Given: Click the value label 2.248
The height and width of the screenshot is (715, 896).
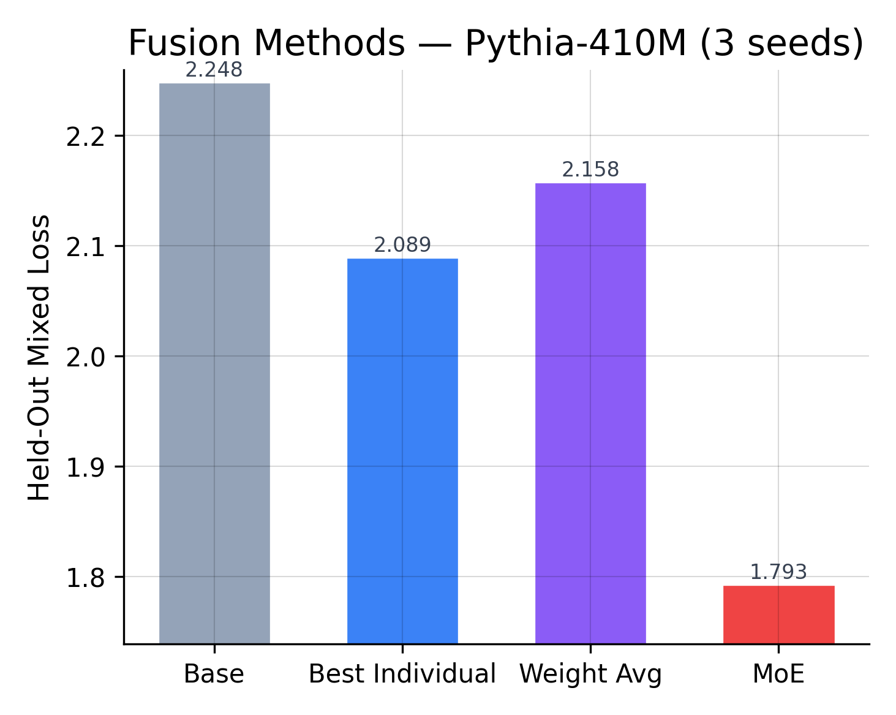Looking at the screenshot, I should tap(214, 70).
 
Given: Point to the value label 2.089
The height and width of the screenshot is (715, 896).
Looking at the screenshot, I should tap(402, 245).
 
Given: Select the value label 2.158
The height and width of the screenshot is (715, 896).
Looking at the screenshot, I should tap(590, 170).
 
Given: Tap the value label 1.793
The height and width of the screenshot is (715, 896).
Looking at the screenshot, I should tap(778, 572).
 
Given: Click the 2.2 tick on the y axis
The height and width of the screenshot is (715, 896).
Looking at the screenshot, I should tap(86, 137).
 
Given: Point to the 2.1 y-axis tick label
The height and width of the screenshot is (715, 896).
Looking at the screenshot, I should tap(86, 247).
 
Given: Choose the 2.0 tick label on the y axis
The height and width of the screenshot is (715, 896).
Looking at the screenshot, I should tap(86, 357).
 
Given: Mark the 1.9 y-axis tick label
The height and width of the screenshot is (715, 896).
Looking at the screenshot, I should tap(86, 467).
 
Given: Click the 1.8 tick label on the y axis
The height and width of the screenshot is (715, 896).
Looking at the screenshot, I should tap(86, 578).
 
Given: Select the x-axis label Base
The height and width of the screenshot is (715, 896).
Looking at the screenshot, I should tap(214, 675).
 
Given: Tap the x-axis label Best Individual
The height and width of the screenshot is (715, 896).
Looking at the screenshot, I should tap(402, 675).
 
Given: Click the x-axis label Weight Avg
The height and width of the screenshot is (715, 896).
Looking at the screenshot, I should tap(590, 675).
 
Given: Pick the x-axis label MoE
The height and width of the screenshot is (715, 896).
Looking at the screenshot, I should tap(778, 675).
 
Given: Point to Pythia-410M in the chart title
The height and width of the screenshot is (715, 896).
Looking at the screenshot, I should tap(576, 44).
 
